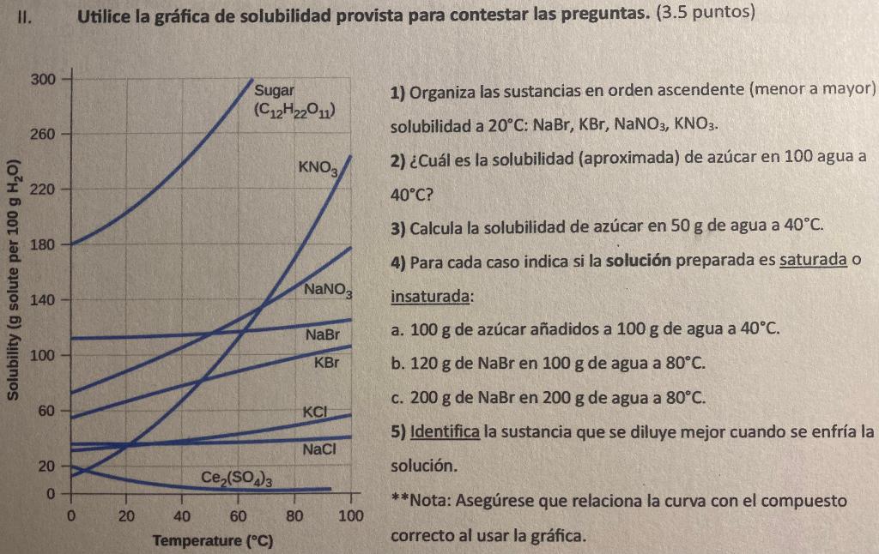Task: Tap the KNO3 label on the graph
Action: (318, 166)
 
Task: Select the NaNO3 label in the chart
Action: (327, 292)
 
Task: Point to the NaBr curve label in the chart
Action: (323, 334)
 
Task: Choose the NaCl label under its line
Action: (319, 449)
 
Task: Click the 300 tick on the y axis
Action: (42, 80)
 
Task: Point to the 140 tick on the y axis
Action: (42, 300)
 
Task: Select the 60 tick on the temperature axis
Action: (238, 516)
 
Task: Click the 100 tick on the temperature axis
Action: (349, 516)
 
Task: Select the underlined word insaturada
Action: (431, 298)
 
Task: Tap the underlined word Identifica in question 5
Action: (446, 431)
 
